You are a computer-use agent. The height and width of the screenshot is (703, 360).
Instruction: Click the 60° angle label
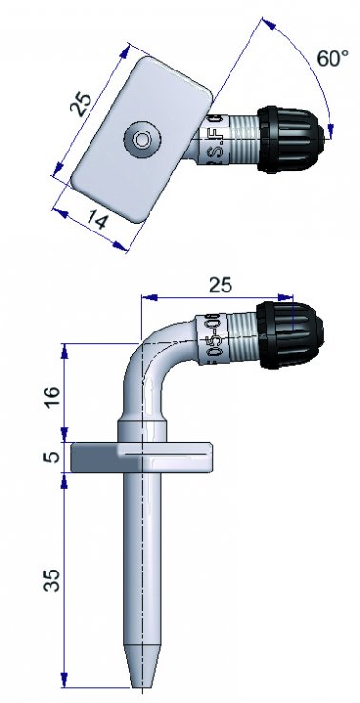coord(332,58)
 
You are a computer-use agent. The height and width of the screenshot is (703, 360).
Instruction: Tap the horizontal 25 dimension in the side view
coord(219,284)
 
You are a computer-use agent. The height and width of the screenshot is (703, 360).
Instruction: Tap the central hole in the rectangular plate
coord(142,139)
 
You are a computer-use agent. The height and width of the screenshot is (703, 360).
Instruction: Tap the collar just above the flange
coord(144,428)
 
